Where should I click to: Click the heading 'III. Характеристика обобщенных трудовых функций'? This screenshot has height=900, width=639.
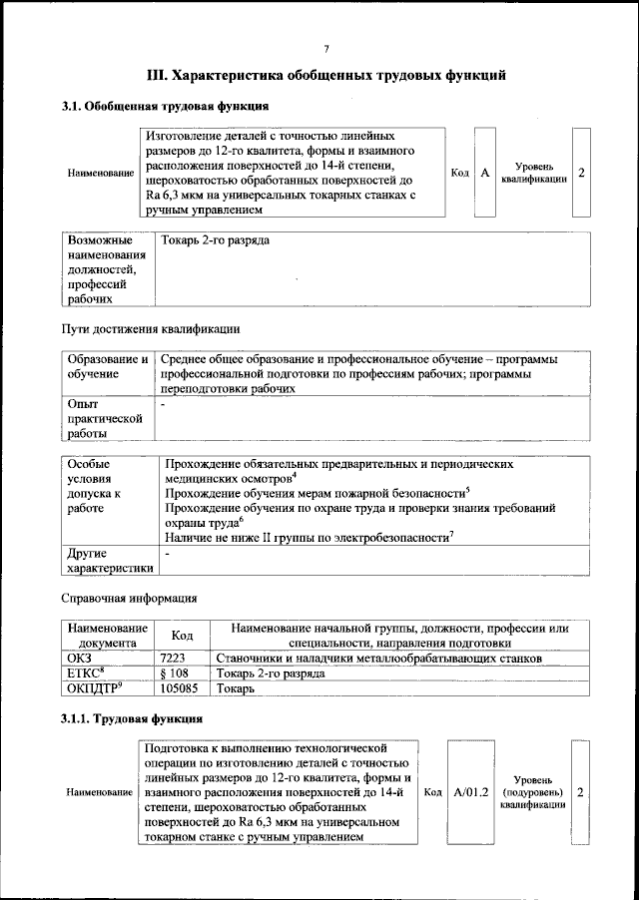[x=326, y=75]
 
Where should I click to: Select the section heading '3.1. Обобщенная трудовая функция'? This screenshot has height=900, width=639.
[x=164, y=106]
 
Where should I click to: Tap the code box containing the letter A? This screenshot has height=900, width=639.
[x=484, y=173]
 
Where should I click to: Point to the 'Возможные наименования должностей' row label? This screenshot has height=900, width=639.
[x=101, y=268]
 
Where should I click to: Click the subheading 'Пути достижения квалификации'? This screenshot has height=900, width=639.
[x=151, y=328]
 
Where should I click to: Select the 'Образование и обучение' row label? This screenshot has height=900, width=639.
[x=107, y=365]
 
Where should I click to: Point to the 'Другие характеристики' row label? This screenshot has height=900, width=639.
[x=107, y=561]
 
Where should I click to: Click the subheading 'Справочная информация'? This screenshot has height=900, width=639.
[x=129, y=599]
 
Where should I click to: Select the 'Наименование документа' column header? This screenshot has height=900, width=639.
[x=106, y=636]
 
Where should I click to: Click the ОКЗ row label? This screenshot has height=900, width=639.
[x=80, y=659]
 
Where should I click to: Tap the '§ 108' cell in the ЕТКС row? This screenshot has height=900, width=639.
[x=175, y=674]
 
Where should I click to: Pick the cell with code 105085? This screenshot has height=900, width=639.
[x=180, y=688]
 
